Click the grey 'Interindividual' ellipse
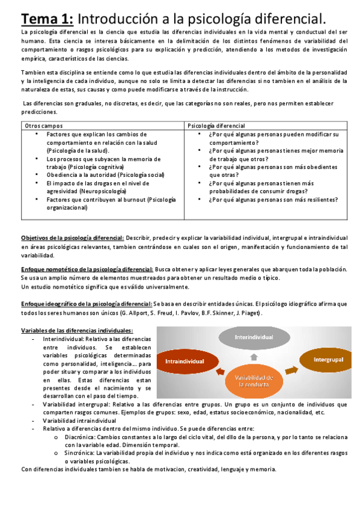pyautogui.click(x=255, y=337)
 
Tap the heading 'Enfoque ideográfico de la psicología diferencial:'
pyautogui.click(x=87, y=304)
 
